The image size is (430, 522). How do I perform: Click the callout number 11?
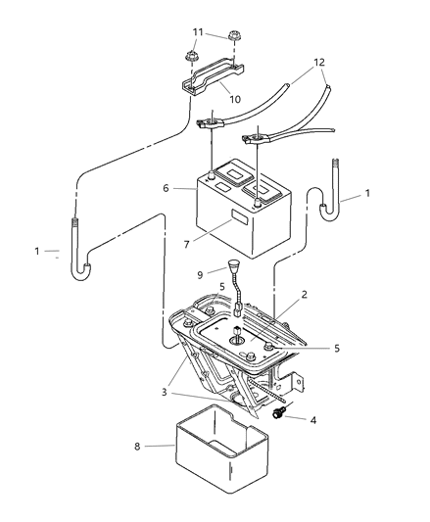point(198,32)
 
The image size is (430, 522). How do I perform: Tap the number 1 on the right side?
point(366,194)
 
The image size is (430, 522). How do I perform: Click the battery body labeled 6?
point(230,211)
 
